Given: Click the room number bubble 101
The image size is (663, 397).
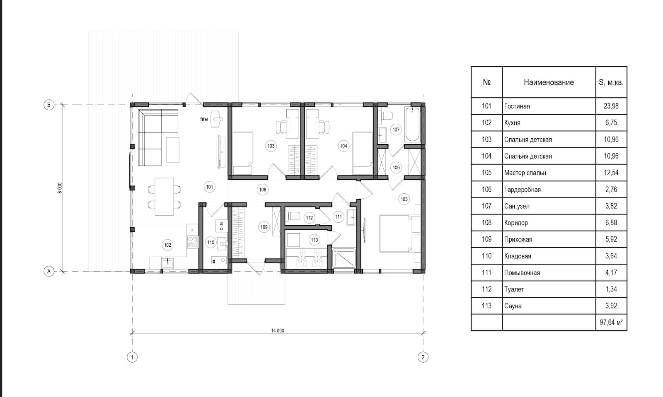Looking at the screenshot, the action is click(x=210, y=187).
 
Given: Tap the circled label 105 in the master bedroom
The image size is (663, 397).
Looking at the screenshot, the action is click(x=404, y=199).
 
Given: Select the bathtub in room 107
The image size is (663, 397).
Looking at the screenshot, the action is click(x=412, y=125).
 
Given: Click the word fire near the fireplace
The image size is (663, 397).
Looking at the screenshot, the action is click(x=204, y=119).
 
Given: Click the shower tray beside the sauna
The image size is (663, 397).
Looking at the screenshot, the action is click(x=344, y=258).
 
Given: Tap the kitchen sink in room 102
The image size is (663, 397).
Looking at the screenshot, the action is click(x=167, y=262).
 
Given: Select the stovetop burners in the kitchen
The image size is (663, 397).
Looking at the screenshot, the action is click(x=192, y=242).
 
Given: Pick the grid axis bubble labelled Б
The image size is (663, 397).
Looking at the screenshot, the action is click(x=49, y=105).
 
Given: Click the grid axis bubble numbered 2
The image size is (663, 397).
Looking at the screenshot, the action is click(x=423, y=357).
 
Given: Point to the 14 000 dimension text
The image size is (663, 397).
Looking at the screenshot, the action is click(x=278, y=330).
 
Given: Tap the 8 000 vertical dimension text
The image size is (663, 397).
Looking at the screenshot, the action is click(x=60, y=188).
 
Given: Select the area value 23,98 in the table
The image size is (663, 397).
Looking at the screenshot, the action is click(x=611, y=106).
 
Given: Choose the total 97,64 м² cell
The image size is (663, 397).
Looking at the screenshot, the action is click(x=611, y=322).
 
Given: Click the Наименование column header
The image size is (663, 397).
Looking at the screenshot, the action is click(x=549, y=82).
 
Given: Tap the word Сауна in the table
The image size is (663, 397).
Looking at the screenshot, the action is click(x=513, y=306).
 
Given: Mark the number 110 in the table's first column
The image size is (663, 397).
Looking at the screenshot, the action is click(x=486, y=256).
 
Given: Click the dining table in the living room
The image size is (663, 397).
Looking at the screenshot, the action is click(x=164, y=196).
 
